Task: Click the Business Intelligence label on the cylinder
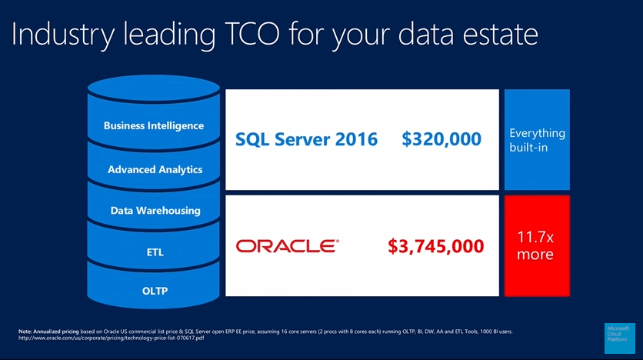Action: (154, 125)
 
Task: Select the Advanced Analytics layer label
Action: (155, 169)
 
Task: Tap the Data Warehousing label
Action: (155, 210)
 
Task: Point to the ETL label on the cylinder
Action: (155, 252)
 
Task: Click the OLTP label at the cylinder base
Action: (155, 291)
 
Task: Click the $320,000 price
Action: (441, 139)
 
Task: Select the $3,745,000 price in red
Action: (436, 246)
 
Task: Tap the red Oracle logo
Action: (287, 246)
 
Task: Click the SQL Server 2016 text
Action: (306, 139)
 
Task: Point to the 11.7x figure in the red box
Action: (535, 237)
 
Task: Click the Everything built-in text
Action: (537, 140)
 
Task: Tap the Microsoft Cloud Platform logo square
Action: (620, 338)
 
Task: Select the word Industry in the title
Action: (63, 35)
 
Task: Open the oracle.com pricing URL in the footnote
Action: (111, 338)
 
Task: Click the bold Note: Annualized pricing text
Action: (48, 332)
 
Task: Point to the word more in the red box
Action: (535, 255)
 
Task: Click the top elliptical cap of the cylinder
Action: (154, 88)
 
